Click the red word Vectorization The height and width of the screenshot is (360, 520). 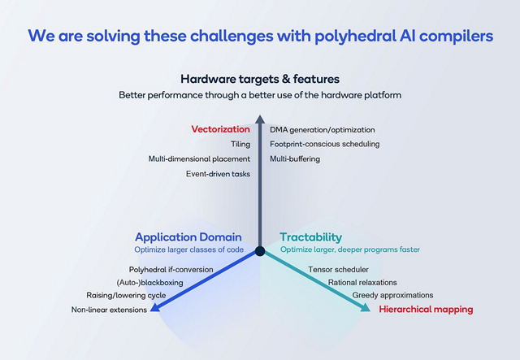coord(221,129)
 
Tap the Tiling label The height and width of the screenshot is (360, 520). coord(240,144)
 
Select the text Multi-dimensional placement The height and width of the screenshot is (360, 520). coord(199,158)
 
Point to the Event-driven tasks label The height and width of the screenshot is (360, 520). coord(218,173)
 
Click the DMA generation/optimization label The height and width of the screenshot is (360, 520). coord(322,129)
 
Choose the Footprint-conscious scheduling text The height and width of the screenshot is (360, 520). coord(324,144)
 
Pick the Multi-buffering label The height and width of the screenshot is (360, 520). coord(295,158)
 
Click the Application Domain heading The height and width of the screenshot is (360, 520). coord(188,236)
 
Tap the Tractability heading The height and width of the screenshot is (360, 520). coord(311,236)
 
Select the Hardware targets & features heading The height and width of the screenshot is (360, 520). coord(260,79)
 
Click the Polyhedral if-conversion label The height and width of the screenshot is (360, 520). coord(171,269)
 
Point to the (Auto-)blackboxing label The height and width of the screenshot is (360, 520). coord(149,282)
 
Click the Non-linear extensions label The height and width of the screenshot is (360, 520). coord(109,310)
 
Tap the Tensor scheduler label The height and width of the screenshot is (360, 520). coord(338,269)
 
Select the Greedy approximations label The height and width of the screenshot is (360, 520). coord(392,295)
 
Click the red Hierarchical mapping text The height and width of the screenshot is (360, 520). coord(426,310)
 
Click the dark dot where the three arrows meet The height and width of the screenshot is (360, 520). coord(260,251)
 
